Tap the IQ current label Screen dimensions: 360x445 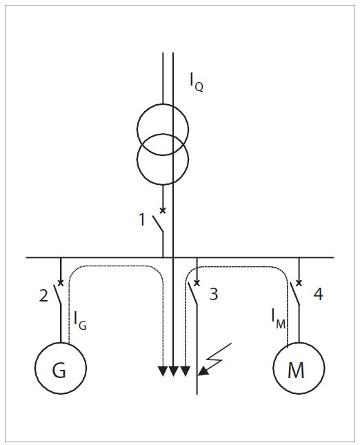(x=197, y=81)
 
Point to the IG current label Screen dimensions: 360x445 (x=80, y=321)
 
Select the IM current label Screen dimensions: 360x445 (x=279, y=319)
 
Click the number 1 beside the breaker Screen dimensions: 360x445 (x=142, y=219)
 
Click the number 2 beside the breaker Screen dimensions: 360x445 (x=43, y=296)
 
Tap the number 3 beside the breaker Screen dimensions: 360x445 (x=214, y=294)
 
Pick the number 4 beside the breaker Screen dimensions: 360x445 (x=319, y=294)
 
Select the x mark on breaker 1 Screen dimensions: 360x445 (x=163, y=210)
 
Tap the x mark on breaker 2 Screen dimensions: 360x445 (x=61, y=283)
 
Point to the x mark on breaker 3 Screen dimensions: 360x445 (x=197, y=283)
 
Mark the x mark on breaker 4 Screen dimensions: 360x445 (x=299, y=283)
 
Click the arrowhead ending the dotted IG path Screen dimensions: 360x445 (x=163, y=371)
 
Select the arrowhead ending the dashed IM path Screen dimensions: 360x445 (x=185, y=371)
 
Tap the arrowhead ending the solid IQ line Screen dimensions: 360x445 (x=173, y=371)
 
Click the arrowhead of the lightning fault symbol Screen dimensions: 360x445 (x=203, y=371)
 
